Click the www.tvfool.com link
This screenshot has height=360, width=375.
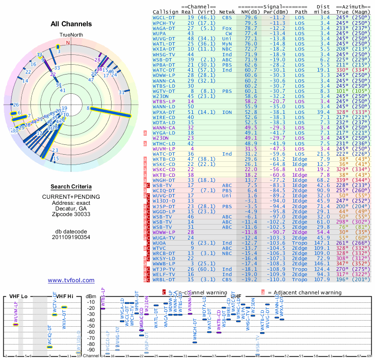[x=71, y=280]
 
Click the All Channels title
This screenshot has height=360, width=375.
[x=71, y=24]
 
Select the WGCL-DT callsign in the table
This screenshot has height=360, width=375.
[x=164, y=17]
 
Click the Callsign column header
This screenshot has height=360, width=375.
[x=165, y=12]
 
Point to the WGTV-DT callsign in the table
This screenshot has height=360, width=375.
[x=164, y=90]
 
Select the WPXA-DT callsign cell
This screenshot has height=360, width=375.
[x=164, y=112]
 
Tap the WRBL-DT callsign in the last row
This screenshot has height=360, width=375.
[x=164, y=280]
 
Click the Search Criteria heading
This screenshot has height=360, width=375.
[x=71, y=187]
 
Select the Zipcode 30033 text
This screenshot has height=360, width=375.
[x=71, y=214]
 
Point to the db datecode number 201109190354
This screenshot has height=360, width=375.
[x=71, y=237]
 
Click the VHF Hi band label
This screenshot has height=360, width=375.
[x=59, y=296]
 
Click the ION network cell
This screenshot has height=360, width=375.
[x=227, y=112]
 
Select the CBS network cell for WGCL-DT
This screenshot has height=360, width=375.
[x=227, y=17]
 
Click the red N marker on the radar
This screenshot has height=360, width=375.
[x=68, y=43]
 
